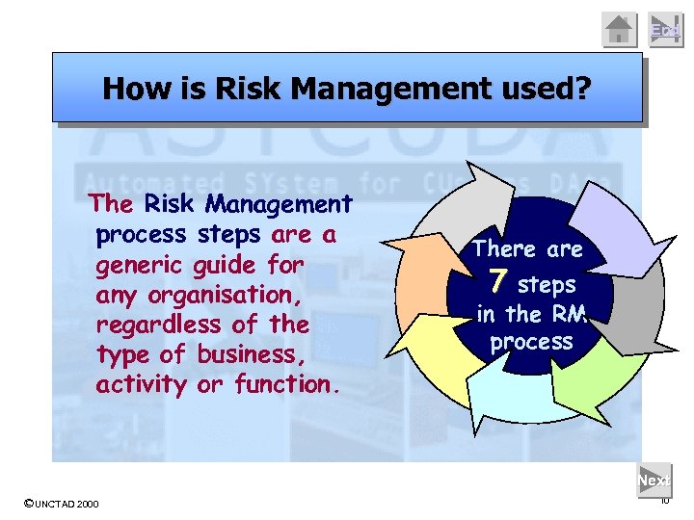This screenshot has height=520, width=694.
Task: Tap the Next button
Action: point(654,480)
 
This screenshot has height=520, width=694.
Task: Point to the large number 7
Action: point(497,282)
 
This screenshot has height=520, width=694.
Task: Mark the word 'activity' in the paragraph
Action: point(141,384)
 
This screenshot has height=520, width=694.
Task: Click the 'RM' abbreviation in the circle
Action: point(569,313)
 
